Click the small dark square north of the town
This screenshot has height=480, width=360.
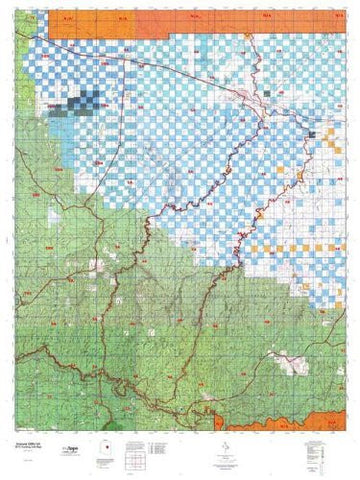point(267,91)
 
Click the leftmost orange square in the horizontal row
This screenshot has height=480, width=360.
point(254,247)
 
